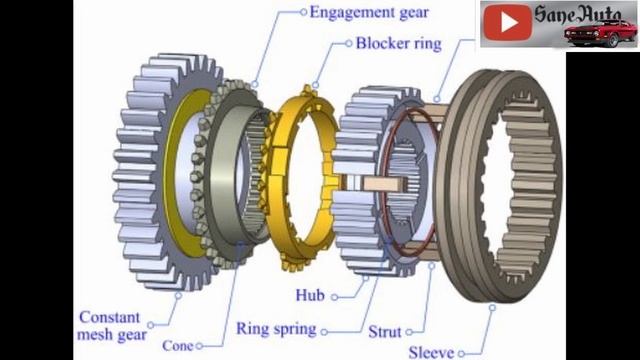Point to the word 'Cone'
(x=177, y=346)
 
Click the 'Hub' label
(x=309, y=296)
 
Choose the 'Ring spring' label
(x=276, y=328)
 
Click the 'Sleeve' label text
(x=431, y=352)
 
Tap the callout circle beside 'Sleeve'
(x=464, y=352)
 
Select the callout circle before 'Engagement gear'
(x=302, y=13)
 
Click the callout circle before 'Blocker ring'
(x=348, y=44)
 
